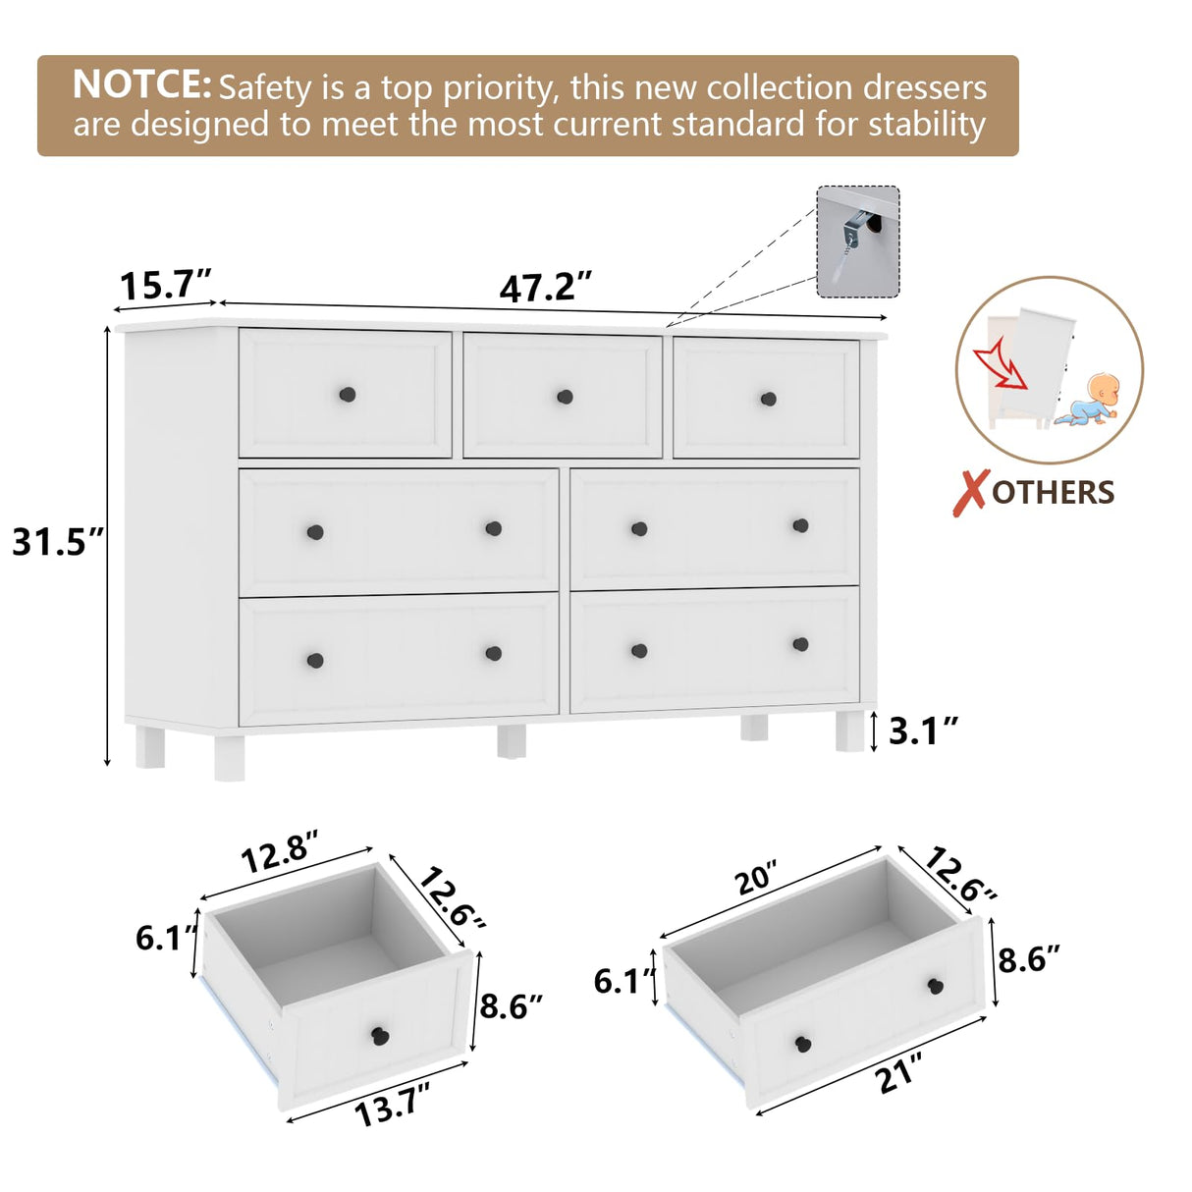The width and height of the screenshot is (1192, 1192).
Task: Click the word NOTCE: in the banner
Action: pyautogui.click(x=141, y=85)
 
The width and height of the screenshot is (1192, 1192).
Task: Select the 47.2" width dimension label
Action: pyautogui.click(x=546, y=288)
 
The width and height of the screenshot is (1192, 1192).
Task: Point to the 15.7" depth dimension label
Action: pyautogui.click(x=165, y=286)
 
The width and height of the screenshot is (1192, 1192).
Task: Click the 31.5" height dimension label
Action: pyautogui.click(x=57, y=542)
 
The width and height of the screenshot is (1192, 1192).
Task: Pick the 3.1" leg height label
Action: pyautogui.click(x=923, y=731)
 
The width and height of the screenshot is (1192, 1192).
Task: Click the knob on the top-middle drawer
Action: pyautogui.click(x=565, y=397)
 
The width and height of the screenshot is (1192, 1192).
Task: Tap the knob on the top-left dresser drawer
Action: pyautogui.click(x=347, y=394)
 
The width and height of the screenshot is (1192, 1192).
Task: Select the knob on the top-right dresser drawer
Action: pyautogui.click(x=768, y=399)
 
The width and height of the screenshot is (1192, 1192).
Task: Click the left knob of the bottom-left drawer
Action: pyautogui.click(x=315, y=660)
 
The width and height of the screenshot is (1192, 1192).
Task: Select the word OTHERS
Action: pyautogui.click(x=1053, y=493)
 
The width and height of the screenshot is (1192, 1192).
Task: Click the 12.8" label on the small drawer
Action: pyautogui.click(x=280, y=851)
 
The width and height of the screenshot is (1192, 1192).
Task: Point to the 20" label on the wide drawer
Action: pyautogui.click(x=756, y=877)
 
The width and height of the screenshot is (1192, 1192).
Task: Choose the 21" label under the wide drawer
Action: pyautogui.click(x=899, y=1072)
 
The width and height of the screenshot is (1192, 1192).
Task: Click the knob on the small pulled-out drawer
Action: pyautogui.click(x=380, y=1035)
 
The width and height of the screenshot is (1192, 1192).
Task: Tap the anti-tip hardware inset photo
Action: pyautogui.click(x=857, y=242)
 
